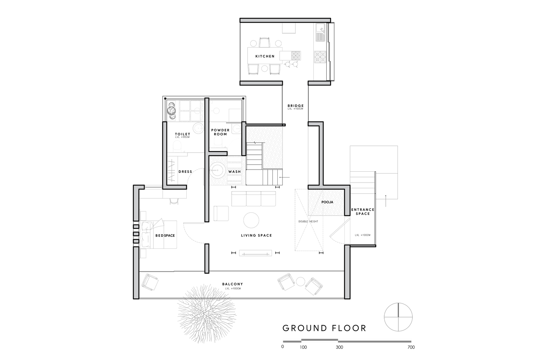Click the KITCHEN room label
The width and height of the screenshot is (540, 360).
[265, 57]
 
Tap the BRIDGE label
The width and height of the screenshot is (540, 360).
[295, 106]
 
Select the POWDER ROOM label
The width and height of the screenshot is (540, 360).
[220, 132]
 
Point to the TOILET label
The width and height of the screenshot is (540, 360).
[182, 134]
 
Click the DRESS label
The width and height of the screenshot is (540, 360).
[185, 172]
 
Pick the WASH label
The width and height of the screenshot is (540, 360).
[235, 172]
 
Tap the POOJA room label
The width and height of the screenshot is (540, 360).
[327, 202]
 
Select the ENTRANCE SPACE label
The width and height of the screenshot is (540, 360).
[363, 212]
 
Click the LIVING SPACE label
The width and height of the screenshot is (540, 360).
[256, 235]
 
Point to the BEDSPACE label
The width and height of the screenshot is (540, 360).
[165, 235]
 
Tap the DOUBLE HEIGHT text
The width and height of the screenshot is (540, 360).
[308, 221]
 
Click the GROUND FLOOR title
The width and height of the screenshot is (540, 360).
[324, 328]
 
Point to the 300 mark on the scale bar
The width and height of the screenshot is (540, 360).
[339, 347]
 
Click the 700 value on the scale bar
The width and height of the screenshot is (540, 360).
[411, 347]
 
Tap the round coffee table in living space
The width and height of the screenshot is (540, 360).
[251, 220]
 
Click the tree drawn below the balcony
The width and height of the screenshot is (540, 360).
[207, 310]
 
